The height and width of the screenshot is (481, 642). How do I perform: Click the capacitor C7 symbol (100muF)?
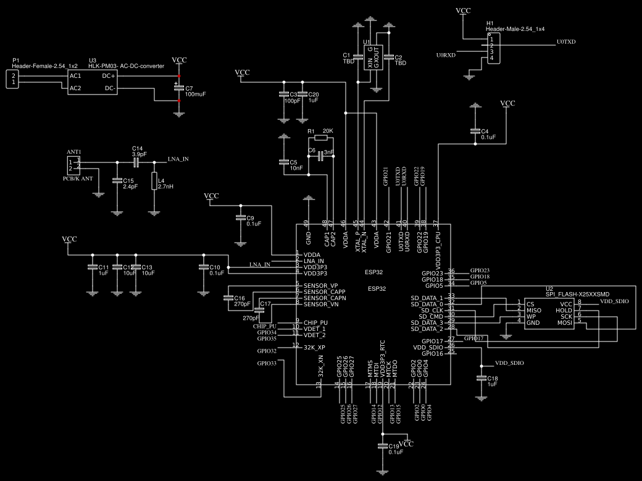tap(179, 88)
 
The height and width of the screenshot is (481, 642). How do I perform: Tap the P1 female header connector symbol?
tap(12, 78)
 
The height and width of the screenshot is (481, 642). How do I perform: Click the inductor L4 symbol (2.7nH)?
tap(154, 183)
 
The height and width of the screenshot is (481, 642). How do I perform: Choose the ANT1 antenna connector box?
tap(74, 165)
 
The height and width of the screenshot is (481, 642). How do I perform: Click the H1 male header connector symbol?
tap(494, 48)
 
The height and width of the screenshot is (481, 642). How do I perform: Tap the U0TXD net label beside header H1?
tap(565, 42)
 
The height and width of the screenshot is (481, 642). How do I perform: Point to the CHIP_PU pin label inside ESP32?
tap(315, 323)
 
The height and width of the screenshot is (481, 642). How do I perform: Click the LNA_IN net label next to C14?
tap(178, 159)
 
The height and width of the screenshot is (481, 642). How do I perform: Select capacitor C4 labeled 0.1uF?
tap(475, 132)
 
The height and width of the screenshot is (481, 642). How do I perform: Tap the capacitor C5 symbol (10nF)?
tap(283, 162)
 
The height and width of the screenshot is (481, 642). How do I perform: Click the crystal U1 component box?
tap(373, 57)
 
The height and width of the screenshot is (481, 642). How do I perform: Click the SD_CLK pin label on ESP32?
tap(429, 310)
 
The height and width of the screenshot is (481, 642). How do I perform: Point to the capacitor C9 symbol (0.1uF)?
tap(240, 218)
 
